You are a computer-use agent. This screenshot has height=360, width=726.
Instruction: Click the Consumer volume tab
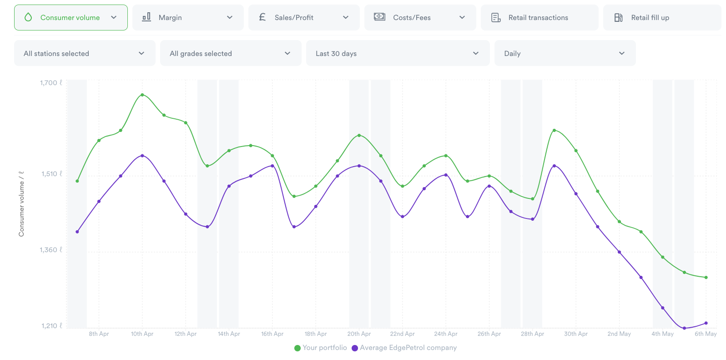tap(71, 18)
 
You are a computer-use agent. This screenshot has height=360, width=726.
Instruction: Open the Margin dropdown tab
tap(188, 18)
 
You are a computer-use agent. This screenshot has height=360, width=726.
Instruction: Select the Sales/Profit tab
tap(303, 18)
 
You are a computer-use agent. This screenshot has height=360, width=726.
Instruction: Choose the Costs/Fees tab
tap(420, 18)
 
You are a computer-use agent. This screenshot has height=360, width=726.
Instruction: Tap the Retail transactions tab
tap(539, 18)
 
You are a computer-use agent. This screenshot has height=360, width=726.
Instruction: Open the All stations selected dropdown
tap(85, 53)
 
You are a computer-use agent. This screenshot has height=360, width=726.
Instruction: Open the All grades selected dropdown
tap(231, 53)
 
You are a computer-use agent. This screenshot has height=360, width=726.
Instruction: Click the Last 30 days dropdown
tap(398, 53)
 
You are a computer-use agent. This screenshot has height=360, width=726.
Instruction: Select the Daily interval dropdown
tap(565, 53)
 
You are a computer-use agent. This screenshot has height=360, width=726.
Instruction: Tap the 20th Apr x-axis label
tap(359, 334)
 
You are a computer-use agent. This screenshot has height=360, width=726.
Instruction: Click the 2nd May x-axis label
tap(619, 334)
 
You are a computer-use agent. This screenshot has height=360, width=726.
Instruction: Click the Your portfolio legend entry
tap(321, 348)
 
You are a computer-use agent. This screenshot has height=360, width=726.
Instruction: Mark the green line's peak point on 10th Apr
tap(142, 95)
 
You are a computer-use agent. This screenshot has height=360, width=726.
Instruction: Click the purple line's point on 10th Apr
tap(142, 156)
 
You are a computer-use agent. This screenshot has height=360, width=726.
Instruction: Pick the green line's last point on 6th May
tap(706, 277)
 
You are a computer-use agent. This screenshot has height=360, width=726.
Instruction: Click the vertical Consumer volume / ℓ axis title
tap(21, 204)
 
